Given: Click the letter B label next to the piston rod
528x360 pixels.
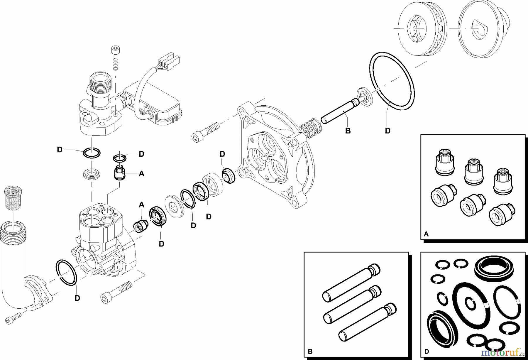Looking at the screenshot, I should point(348,131).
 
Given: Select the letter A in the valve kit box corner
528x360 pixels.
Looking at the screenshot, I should point(426,234).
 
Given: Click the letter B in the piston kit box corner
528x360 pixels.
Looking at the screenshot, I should point(310,351).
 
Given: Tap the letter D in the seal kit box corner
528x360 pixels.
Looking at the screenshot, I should point(427,351).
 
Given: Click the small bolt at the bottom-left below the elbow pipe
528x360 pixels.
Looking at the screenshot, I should point(13,318).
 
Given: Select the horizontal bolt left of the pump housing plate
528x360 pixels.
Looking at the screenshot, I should point(205,133).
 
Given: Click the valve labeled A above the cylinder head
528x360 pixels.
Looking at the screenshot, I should point(120,173).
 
